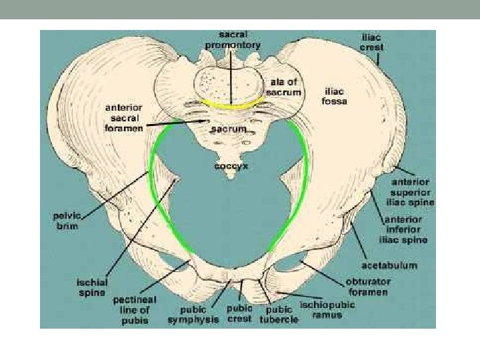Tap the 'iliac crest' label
(371, 44)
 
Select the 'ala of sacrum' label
(285, 87)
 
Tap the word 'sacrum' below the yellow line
(229, 128)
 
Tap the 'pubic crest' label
(240, 314)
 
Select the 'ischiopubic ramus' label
(327, 310)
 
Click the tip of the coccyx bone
(231, 177)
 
